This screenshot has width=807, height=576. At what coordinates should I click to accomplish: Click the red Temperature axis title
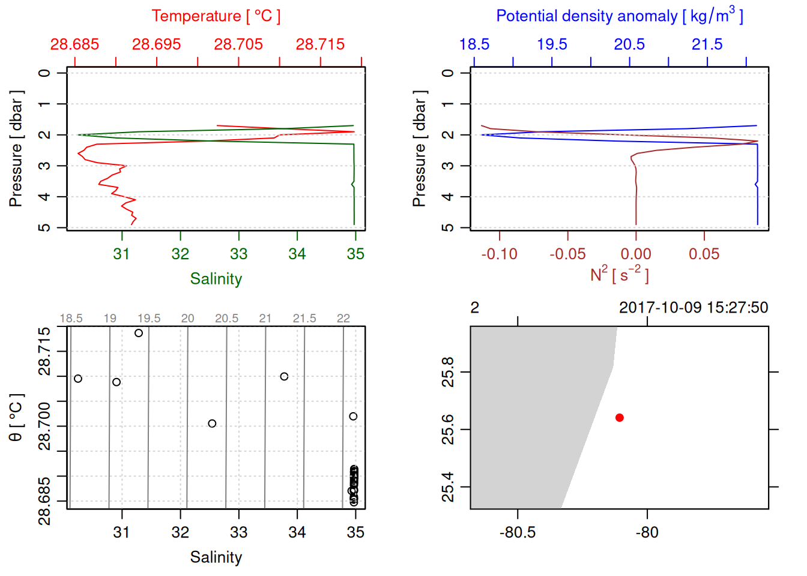pyautogui.click(x=216, y=16)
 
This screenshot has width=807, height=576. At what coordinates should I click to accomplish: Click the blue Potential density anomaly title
pyautogui.click(x=619, y=16)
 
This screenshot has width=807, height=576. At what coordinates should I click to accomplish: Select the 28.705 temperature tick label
pyautogui.click(x=238, y=44)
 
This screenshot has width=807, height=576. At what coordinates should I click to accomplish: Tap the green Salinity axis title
pyautogui.click(x=216, y=279)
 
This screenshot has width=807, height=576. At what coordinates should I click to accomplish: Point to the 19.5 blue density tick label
pyautogui.click(x=552, y=44)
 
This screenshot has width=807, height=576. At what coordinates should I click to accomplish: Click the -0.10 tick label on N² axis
pyautogui.click(x=499, y=254)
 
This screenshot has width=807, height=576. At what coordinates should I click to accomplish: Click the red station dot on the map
pyautogui.click(x=619, y=418)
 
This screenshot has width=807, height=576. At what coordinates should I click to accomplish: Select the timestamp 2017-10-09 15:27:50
pyautogui.click(x=694, y=308)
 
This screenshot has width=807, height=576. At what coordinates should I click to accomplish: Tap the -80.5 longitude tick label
pyautogui.click(x=517, y=532)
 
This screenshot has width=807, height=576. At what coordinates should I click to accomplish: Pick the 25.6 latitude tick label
pyautogui.click(x=448, y=430)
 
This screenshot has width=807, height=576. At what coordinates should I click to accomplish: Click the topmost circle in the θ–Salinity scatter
pyautogui.click(x=139, y=333)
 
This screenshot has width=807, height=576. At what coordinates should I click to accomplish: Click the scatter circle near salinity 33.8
pyautogui.click(x=284, y=377)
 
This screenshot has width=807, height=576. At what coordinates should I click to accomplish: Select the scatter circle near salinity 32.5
pyautogui.click(x=212, y=424)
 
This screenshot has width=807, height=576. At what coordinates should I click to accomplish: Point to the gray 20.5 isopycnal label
pyautogui.click(x=226, y=319)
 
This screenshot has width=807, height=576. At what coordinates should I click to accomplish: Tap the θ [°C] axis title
pyautogui.click(x=16, y=418)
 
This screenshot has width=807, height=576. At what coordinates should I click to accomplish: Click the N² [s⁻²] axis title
pyautogui.click(x=619, y=274)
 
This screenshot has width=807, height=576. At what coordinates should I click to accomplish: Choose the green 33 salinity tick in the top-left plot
pyautogui.click(x=238, y=254)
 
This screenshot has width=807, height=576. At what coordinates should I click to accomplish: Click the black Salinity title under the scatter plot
pyautogui.click(x=216, y=557)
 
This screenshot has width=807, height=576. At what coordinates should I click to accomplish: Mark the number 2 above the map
pyautogui.click(x=474, y=308)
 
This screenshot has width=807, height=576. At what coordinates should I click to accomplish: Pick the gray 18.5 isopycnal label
pyautogui.click(x=71, y=319)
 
